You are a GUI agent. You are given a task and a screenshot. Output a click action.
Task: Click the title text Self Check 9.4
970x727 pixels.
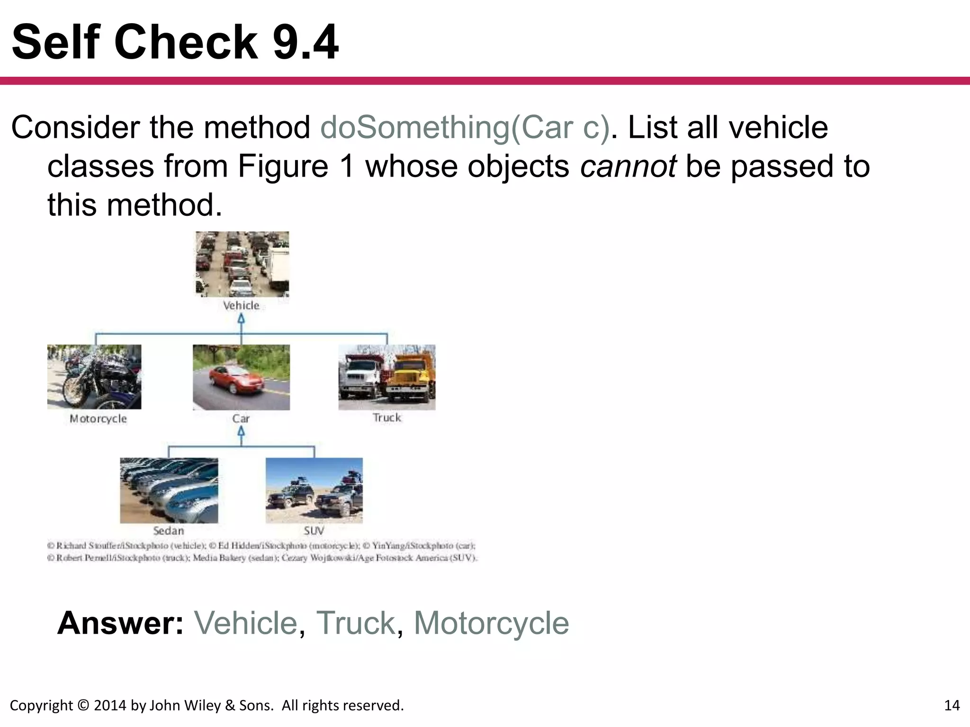175,43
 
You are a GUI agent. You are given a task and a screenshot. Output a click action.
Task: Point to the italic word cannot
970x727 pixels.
628,167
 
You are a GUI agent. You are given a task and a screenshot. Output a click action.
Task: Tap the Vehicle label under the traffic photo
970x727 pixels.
241,306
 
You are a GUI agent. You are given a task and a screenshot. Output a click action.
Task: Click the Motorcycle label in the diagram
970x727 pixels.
98,419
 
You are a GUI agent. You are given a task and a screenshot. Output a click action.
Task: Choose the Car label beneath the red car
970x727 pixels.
241,419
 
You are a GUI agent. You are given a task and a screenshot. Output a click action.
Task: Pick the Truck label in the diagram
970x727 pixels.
386,418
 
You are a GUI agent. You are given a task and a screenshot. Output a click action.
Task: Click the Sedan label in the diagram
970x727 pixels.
168,531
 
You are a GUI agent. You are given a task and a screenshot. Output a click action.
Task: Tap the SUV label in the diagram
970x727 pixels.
313,531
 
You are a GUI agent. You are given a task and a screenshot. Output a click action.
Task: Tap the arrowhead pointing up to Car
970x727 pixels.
241,431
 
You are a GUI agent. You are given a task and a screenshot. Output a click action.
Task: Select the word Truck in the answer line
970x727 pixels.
355,623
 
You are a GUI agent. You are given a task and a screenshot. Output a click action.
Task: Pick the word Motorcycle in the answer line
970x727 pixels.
491,623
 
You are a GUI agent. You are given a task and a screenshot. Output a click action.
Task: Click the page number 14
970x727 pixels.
952,706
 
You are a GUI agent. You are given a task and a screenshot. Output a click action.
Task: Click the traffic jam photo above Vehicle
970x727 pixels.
242,264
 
